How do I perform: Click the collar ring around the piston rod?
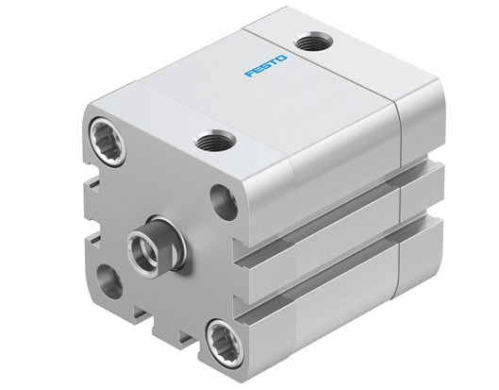160,232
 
